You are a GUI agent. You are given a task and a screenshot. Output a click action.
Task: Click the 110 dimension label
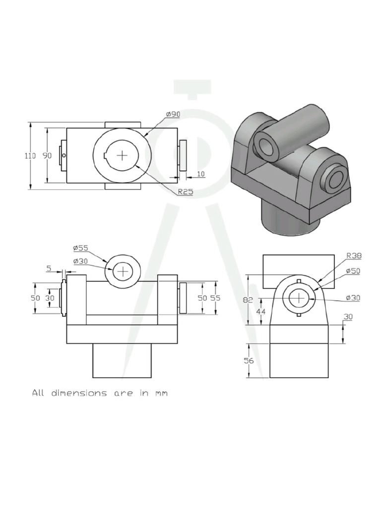pyautogui.click(x=31, y=156)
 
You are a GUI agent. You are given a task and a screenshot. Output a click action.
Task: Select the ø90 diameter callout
pyautogui.click(x=174, y=114)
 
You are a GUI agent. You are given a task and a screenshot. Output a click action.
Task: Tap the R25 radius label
pyautogui.click(x=185, y=192)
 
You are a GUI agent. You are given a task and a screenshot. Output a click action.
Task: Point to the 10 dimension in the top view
pyautogui.click(x=200, y=174)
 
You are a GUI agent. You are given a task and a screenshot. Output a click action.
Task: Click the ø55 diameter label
pyautogui.click(x=80, y=248)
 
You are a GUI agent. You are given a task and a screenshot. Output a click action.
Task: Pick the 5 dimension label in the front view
pyautogui.click(x=49, y=268)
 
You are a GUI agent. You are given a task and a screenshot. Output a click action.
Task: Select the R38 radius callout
pyautogui.click(x=354, y=256)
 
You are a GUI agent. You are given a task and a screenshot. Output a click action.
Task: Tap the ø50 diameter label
pyautogui.click(x=354, y=272)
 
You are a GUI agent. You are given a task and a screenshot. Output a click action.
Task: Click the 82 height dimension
pyautogui.click(x=249, y=300)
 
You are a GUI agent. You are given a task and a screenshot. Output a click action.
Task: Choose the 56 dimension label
pyautogui.click(x=249, y=361)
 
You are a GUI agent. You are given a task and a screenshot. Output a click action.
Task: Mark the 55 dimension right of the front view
pyautogui.click(x=215, y=298)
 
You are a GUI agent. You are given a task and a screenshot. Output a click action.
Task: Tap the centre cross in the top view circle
pyautogui.click(x=122, y=156)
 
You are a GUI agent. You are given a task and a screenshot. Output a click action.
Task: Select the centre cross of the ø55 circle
pyautogui.click(x=122, y=271)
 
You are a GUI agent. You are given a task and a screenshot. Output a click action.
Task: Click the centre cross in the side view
pyautogui.click(x=299, y=298)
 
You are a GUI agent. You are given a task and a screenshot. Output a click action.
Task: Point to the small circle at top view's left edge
pyautogui.click(x=64, y=156)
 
